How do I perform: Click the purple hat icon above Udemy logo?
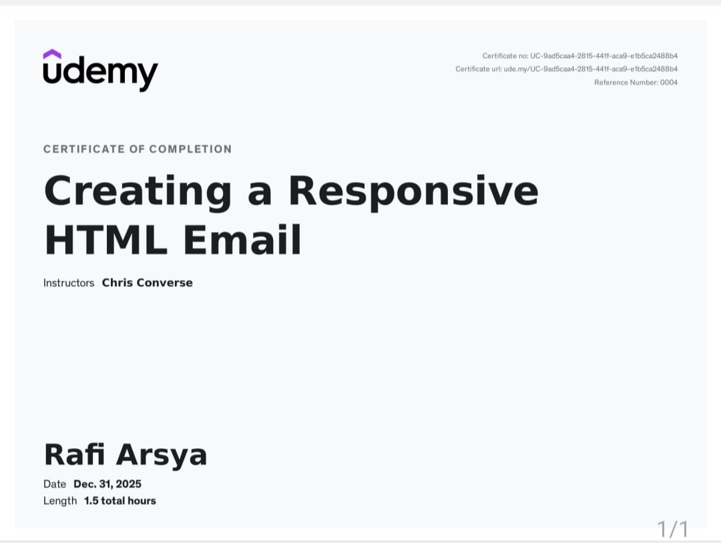52,53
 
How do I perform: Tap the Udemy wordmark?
100,72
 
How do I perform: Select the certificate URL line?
566,69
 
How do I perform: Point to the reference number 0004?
668,82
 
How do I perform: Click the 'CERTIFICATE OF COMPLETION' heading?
138,149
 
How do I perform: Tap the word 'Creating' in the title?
138,191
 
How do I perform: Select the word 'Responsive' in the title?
413,191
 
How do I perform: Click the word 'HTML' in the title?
105,240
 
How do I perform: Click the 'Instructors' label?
69,283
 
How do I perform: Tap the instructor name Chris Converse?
147,283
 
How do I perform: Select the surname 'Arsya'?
162,455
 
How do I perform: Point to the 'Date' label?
55,484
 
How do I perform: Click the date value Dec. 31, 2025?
107,484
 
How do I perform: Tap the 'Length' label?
60,501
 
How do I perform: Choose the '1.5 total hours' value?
119,501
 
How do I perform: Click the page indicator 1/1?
672,529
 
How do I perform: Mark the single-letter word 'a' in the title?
260,192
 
